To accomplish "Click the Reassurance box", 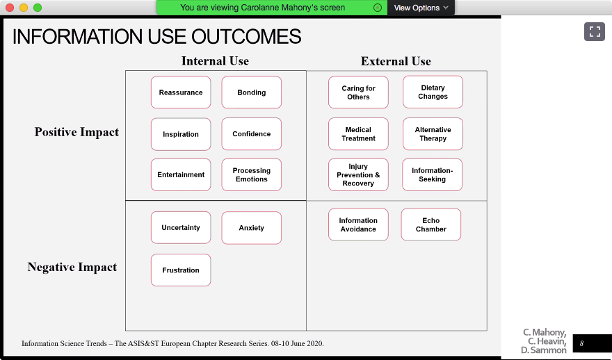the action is coord(181,92).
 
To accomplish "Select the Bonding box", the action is coord(251,92).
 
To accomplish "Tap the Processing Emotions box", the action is coord(251,174).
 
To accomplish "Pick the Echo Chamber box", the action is coord(431,224).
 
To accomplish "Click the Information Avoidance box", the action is coord(358,224).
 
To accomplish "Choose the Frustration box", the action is coord(181,270).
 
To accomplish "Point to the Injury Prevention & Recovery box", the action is coord(358,174).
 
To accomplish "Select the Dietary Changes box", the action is coord(433,92).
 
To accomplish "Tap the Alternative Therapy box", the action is coord(433,133).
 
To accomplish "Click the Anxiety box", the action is coord(251,228).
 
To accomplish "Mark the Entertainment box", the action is coord(181,174).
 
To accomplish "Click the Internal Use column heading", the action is coord(215,61).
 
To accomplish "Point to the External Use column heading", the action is coord(396,61).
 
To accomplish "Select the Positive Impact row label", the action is coord(76,132).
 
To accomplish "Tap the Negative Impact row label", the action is coord(72,267).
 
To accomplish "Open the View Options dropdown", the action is coord(421,8).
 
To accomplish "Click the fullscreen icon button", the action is coord(595,31).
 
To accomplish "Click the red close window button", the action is coord(10,8).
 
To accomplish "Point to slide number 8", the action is coord(581,343).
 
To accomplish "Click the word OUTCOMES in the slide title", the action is coord(246,37).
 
